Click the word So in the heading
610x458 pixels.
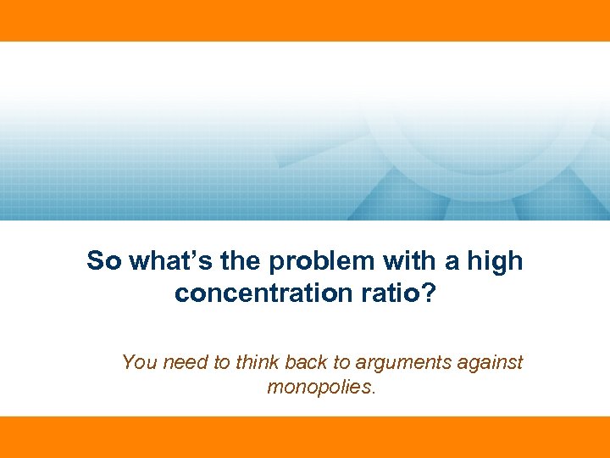[103, 260]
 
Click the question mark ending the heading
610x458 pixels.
[428, 293]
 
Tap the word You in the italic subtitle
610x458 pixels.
[139, 363]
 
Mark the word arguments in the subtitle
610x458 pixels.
[403, 364]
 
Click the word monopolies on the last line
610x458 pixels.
[319, 388]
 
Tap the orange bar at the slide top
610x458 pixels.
[305, 20]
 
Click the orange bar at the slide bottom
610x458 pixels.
[305, 437]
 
